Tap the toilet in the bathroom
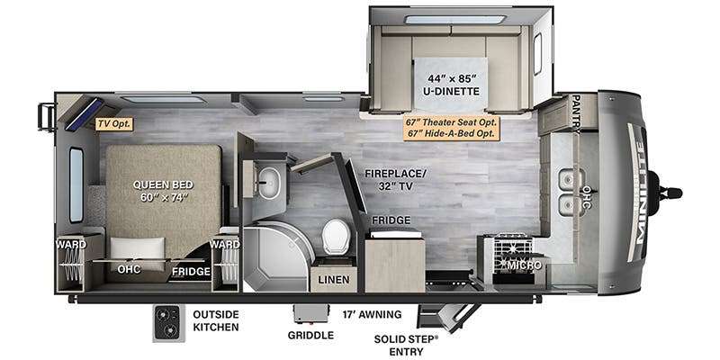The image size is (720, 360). (x=336, y=236)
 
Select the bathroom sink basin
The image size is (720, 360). (x=268, y=183)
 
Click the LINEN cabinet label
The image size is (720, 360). (x=334, y=280)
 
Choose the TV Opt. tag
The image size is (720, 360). (x=114, y=123)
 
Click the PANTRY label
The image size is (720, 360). (x=576, y=112)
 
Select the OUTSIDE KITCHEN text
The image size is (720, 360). (x=215, y=320)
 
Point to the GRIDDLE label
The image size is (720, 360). (x=310, y=335)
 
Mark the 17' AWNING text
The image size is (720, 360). (x=372, y=314)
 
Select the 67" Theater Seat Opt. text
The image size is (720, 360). (x=452, y=122)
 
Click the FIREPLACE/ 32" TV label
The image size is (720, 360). (x=395, y=179)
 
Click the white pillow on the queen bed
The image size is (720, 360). (x=138, y=249)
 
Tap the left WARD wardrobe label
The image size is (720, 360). (x=71, y=244)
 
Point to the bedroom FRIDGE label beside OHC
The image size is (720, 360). (x=191, y=272)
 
